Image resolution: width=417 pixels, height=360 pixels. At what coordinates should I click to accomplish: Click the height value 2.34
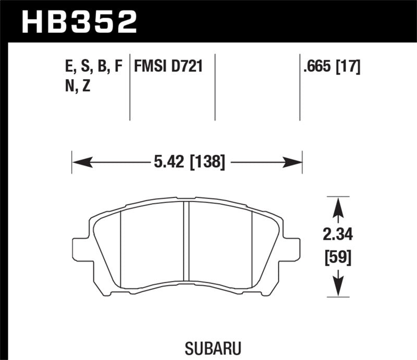click(338, 235)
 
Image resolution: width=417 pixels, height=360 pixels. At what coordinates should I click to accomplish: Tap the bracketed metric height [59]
click(338, 257)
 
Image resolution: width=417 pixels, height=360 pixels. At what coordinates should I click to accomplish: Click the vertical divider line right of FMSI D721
click(215, 86)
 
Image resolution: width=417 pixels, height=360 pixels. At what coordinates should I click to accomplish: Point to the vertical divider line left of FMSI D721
click(130, 86)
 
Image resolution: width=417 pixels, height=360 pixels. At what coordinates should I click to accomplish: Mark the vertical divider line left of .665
click(300, 86)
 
